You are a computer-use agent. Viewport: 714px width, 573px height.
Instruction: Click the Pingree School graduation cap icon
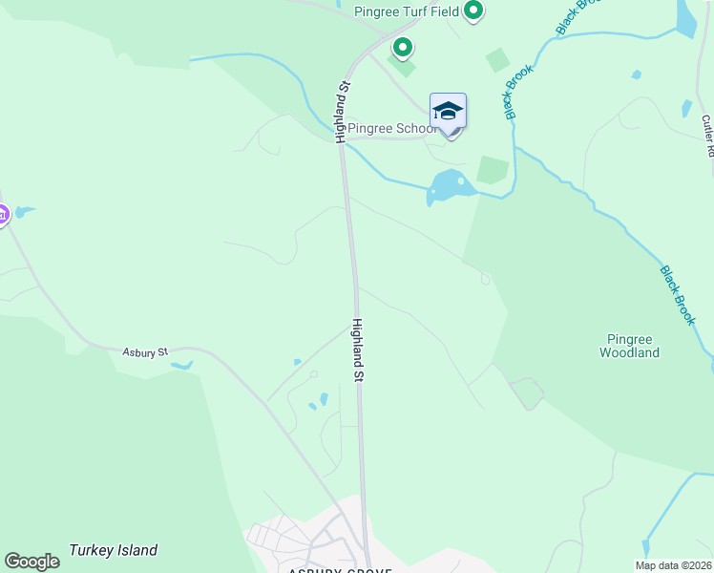point(448,112)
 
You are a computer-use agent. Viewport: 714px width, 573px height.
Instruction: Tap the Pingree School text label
point(391,128)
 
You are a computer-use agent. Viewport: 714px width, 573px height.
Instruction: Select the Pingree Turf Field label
point(408,12)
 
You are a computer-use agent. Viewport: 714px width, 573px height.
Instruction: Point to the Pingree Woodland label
point(629,346)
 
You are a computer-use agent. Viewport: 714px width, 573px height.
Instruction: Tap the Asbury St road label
point(145,352)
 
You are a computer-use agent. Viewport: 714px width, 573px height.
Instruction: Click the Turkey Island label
point(113,551)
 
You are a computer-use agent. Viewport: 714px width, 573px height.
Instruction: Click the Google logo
point(32,562)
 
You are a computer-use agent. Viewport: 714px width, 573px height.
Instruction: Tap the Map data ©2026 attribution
point(672,565)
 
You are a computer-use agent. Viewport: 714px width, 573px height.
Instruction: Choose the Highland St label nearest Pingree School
point(342,113)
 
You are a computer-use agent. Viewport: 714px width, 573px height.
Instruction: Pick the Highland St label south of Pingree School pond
point(359,350)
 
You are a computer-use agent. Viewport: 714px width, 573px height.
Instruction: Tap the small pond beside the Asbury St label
point(180,365)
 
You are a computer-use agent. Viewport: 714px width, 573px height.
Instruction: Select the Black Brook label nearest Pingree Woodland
point(677,295)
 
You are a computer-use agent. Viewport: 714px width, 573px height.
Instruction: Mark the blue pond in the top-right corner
point(686,17)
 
